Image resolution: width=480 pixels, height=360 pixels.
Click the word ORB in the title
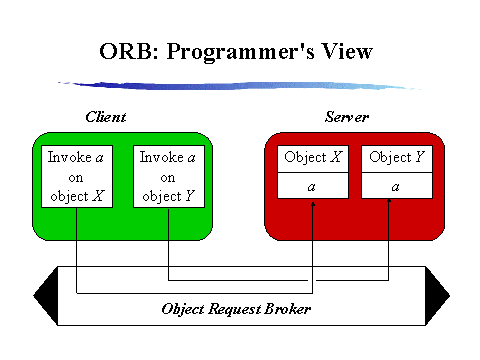click(126, 51)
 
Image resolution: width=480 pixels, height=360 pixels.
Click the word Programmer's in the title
click(235, 51)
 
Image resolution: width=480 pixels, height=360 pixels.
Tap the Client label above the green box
click(105, 117)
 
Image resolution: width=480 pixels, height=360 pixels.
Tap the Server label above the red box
click(347, 117)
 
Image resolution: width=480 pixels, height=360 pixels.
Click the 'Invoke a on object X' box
click(76, 176)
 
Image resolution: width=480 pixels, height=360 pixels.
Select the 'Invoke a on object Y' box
click(168, 176)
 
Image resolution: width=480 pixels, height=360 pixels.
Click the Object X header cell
click(313, 158)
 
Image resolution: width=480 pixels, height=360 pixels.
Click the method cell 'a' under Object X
click(313, 186)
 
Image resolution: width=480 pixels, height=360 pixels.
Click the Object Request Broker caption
click(236, 308)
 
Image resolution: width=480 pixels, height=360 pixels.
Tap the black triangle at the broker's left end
click(44, 291)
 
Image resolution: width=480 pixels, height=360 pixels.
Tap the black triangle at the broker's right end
click(436, 291)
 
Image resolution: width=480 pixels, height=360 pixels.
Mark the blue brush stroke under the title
click(235, 84)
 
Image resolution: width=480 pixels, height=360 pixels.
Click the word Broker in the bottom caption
click(288, 308)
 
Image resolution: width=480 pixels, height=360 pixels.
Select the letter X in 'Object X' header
click(336, 158)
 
